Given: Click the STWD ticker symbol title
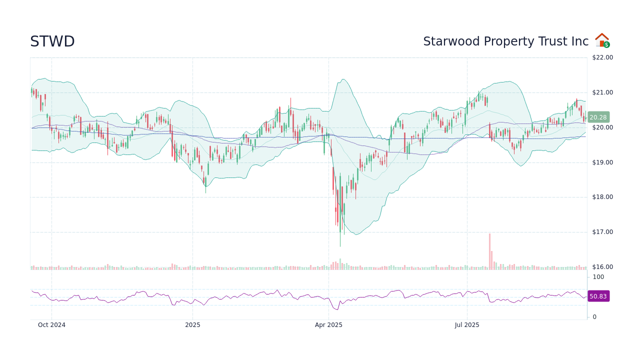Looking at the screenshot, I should pos(52,41).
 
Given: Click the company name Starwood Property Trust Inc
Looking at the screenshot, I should pos(505,41).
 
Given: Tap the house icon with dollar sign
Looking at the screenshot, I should pos(602,40).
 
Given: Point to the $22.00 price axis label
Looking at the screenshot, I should pos(602,57).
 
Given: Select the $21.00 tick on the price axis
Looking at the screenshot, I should pos(602,92).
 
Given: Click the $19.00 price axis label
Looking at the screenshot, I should pos(602,162).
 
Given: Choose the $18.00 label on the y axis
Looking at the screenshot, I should pos(602,197).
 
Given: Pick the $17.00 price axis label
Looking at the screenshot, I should pos(602,232).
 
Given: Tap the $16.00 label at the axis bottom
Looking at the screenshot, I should pos(602,267).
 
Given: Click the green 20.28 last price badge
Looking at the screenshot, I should pos(598,117).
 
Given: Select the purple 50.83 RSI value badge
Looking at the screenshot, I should pos(598,296).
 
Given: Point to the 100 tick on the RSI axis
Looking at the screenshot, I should pos(598,277).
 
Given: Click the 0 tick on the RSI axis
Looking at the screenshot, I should pos(594,317).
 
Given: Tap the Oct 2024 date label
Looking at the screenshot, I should pos(51,325).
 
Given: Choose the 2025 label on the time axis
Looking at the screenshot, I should pos(192,325).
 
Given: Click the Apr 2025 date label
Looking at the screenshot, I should pos(328,325).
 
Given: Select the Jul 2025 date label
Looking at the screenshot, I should pos(467,325).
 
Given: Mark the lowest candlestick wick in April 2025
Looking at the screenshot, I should pos(340,245).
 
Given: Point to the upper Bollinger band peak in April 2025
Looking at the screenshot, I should pos(343,79).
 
